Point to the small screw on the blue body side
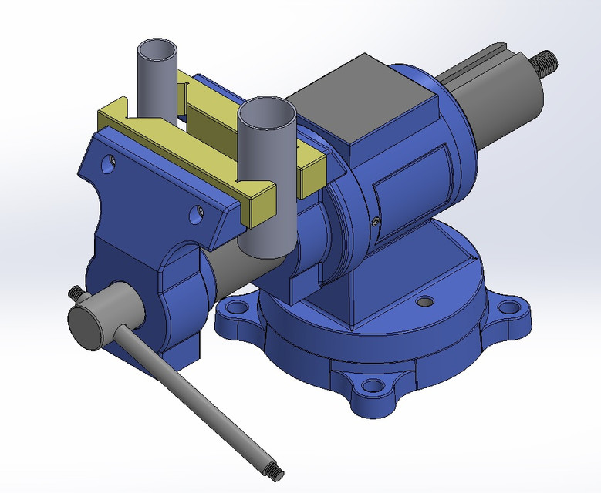[375, 221]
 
